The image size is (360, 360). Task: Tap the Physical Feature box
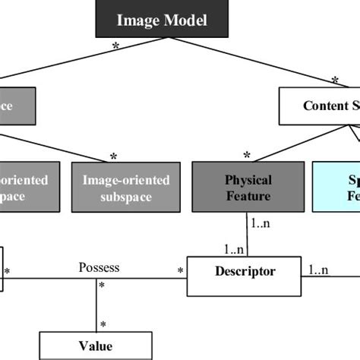tap(238, 188)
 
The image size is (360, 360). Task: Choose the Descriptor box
tap(245, 271)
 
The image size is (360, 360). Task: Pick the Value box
tap(95, 346)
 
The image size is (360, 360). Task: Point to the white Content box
tap(319, 106)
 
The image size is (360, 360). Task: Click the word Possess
tap(99, 268)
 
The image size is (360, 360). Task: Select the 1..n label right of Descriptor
tap(319, 269)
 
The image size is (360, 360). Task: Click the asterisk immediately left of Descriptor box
tap(181, 270)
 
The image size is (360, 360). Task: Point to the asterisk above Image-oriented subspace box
tap(113, 156)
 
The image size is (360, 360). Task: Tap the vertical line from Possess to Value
tap(96, 304)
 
